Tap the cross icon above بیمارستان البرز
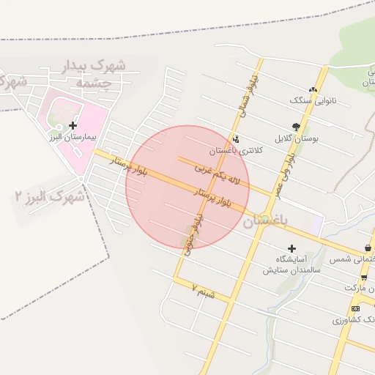pos(73,126)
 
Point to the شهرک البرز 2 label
pos(48,196)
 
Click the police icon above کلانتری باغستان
pos(235,139)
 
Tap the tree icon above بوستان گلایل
pos(296,127)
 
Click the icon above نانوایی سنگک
pos(313,89)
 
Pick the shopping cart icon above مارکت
pos(364,277)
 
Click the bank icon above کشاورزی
pos(356,309)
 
